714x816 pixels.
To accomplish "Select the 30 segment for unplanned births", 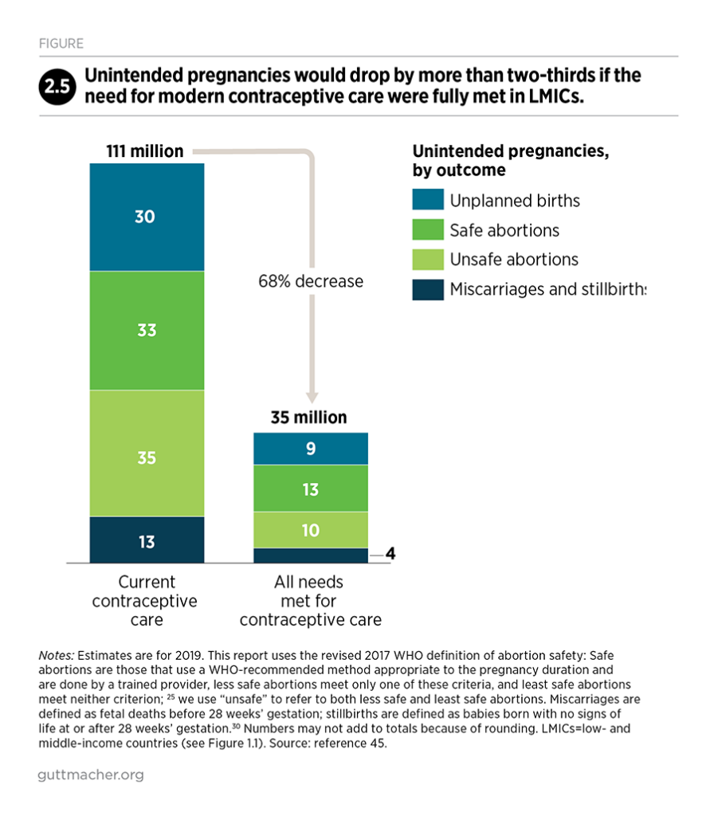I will [x=146, y=216].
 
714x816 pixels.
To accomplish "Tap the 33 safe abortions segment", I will [x=146, y=330].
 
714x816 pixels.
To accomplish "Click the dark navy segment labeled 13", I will [x=146, y=542].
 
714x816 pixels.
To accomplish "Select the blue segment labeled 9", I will [x=311, y=449].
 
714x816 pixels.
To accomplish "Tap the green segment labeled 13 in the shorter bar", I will [x=311, y=488].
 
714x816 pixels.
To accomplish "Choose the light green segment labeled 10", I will [x=311, y=529].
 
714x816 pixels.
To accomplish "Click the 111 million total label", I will [x=145, y=151].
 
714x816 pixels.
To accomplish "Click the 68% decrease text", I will [x=311, y=281].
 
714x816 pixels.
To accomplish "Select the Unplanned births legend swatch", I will [x=426, y=201].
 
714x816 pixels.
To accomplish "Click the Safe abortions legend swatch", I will [x=426, y=230].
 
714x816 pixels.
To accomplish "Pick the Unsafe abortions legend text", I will [x=514, y=260].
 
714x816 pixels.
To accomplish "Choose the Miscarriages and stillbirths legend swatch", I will [x=426, y=288].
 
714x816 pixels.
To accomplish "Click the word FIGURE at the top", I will [x=61, y=44].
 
